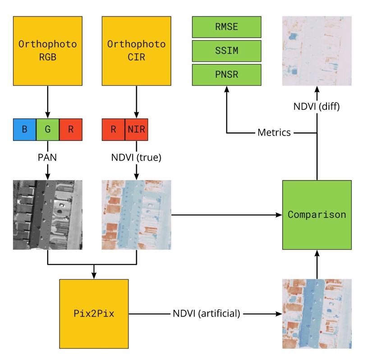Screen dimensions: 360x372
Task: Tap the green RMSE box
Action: tap(227, 27)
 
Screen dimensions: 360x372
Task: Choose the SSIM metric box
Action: tap(227, 51)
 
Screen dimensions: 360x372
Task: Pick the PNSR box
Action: tap(227, 75)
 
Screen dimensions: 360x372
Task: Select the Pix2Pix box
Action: tap(94, 314)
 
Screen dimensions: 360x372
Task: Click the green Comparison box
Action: tap(317, 215)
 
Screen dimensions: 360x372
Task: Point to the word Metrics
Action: tap(274, 133)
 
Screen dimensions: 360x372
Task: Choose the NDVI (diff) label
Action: tap(317, 107)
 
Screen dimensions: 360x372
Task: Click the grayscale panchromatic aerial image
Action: tap(48, 215)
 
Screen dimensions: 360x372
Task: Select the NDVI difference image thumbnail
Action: tap(317, 51)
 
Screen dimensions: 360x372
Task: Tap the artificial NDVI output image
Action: tap(317, 314)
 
